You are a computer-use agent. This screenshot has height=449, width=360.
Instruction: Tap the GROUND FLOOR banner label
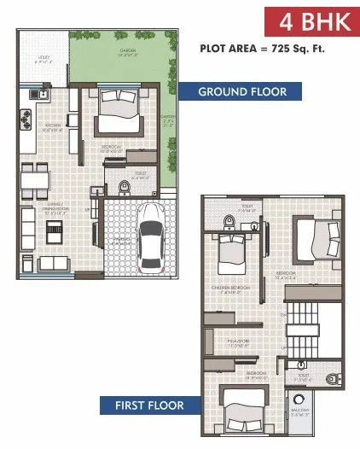click(241, 91)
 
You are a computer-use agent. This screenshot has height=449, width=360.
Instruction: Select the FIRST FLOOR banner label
click(151, 405)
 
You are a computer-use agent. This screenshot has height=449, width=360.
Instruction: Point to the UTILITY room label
click(41, 60)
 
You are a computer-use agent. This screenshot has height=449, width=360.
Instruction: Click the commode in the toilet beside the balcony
click(334, 376)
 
